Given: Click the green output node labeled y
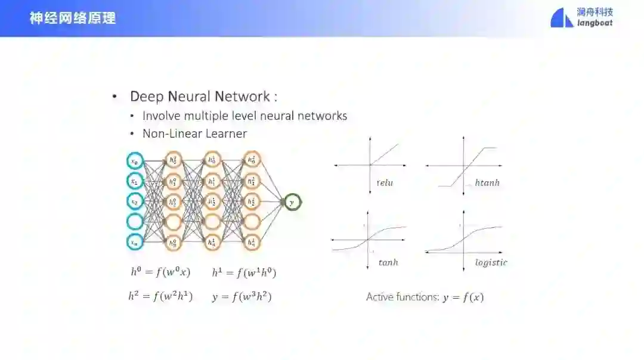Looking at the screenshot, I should [292, 203].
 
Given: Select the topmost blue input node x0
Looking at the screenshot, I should [135, 161].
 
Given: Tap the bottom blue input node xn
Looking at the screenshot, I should [135, 243].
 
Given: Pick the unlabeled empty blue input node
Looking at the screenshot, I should [135, 222].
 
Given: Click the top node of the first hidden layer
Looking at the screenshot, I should [173, 160].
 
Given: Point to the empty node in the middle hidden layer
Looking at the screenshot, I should [212, 222].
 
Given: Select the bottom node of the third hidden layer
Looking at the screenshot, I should [252, 242].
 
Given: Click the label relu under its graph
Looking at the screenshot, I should [385, 183].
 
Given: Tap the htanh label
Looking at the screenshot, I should [487, 183].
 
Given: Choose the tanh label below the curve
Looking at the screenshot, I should [388, 262].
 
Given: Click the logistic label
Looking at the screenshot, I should [491, 262].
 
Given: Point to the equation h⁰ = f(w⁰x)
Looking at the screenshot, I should [160, 272].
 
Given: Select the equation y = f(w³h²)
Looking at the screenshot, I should [241, 296].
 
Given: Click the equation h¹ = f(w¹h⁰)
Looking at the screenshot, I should [244, 272].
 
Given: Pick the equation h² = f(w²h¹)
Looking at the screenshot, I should [160, 296].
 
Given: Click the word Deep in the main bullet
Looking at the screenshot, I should [146, 97].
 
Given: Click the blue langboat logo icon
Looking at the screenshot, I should [561, 18].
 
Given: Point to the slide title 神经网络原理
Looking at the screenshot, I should [73, 18].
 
